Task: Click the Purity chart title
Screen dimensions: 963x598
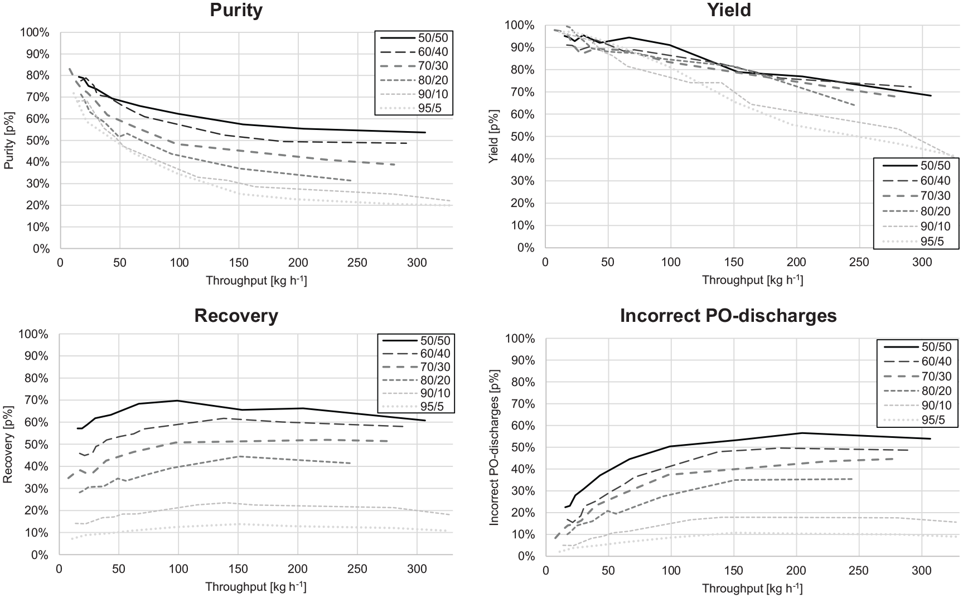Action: (x=236, y=10)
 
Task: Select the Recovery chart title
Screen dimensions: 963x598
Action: (x=236, y=316)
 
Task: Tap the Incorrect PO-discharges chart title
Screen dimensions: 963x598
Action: (x=728, y=316)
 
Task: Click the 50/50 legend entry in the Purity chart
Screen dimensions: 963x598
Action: (x=414, y=38)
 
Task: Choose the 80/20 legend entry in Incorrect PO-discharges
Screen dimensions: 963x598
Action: (x=914, y=391)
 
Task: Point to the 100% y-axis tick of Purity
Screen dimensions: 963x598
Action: (x=35, y=32)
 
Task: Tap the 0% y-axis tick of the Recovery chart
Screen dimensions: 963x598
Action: (x=40, y=555)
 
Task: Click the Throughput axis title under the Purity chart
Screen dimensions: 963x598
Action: (x=257, y=281)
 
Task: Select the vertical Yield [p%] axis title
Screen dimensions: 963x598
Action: (x=493, y=137)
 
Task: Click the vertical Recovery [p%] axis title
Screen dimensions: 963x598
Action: (x=8, y=444)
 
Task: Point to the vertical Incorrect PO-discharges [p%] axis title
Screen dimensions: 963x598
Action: (x=493, y=447)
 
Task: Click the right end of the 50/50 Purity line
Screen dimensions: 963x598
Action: (x=425, y=132)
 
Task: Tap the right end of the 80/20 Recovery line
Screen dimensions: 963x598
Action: (x=351, y=464)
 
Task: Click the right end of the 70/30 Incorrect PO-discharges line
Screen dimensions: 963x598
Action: (x=894, y=459)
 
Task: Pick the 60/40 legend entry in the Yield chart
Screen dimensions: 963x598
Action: (x=914, y=181)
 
